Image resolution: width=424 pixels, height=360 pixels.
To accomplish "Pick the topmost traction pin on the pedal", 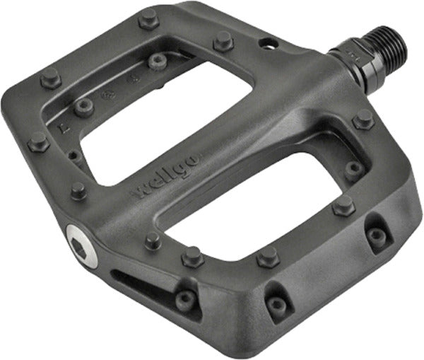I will click(148, 19).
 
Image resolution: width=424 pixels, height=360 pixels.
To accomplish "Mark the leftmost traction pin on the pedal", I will click(37, 144).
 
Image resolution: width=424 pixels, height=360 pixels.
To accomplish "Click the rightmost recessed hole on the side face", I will click(377, 237).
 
